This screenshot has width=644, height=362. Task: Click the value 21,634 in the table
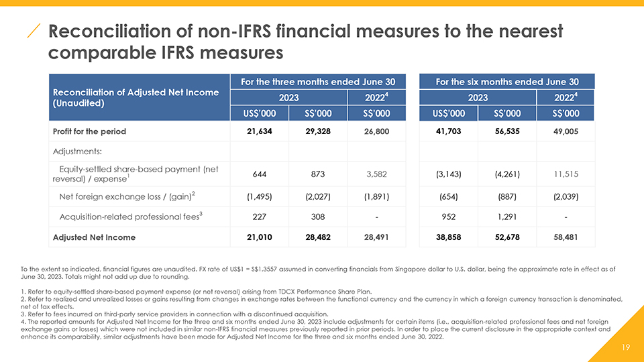pyautogui.click(x=259, y=131)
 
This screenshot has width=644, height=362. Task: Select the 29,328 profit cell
pyautogui.click(x=318, y=131)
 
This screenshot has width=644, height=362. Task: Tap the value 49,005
pyautogui.click(x=566, y=131)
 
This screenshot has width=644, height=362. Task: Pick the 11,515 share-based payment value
pyautogui.click(x=566, y=174)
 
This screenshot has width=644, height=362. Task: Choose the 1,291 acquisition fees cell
pyautogui.click(x=507, y=217)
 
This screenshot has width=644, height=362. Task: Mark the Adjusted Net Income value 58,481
pyautogui.click(x=566, y=237)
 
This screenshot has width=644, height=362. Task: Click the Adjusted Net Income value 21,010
pyautogui.click(x=259, y=237)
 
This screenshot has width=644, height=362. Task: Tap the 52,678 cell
pyautogui.click(x=507, y=237)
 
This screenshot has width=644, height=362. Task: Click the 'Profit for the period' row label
pyautogui.click(x=89, y=131)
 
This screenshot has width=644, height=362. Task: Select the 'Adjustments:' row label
pyautogui.click(x=77, y=152)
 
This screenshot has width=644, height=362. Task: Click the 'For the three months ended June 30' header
pyautogui.click(x=318, y=82)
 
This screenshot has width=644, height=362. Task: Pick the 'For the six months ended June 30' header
pyautogui.click(x=507, y=82)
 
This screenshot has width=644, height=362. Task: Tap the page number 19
pyautogui.click(x=625, y=347)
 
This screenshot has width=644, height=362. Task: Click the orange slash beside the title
pyautogui.click(x=34, y=31)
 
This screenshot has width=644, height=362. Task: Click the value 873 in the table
pyautogui.click(x=318, y=174)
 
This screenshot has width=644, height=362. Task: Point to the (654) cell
pyautogui.click(x=449, y=196)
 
